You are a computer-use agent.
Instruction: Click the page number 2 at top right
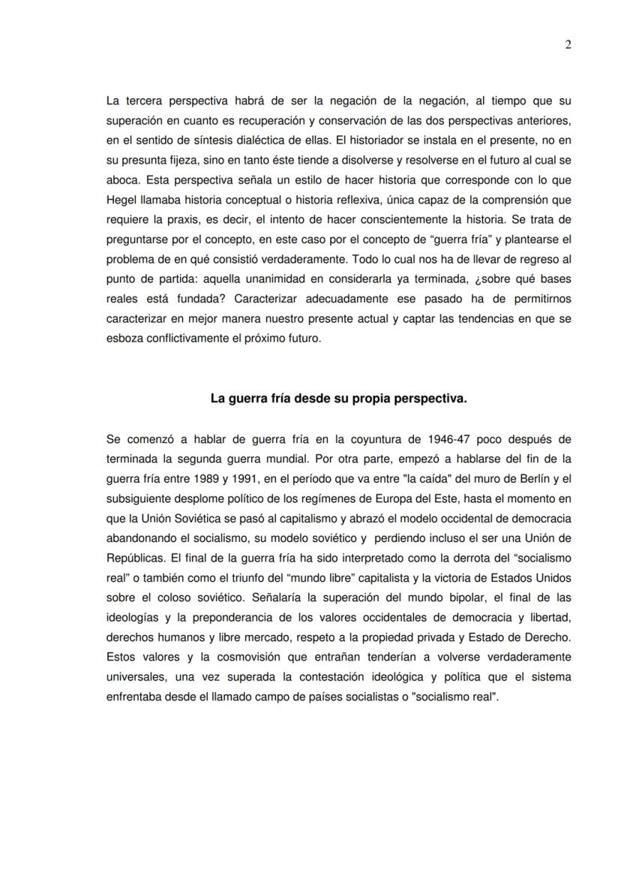(568, 44)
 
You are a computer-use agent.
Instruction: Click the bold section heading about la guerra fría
(338, 399)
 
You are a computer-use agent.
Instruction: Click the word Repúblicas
(134, 558)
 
